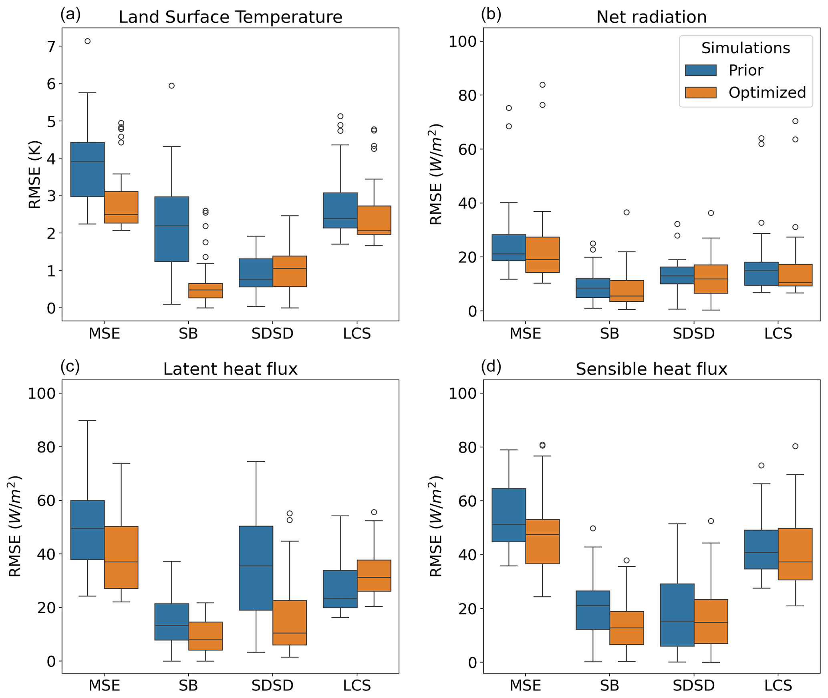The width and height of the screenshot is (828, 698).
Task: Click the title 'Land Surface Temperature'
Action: pos(230,17)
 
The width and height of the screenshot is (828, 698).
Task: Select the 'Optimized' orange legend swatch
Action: pos(701,92)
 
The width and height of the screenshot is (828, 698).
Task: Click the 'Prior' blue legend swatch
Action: pos(701,70)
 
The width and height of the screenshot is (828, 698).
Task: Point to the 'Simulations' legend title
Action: pos(745,48)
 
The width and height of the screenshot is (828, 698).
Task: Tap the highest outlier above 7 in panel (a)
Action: pos(88,41)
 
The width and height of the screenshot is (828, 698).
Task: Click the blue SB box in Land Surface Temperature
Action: pos(172,229)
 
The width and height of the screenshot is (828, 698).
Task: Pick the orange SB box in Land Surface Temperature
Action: pos(205,291)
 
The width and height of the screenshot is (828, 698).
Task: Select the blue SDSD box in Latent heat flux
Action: pos(256,568)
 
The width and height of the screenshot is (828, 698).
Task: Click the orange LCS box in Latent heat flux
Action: pos(374,576)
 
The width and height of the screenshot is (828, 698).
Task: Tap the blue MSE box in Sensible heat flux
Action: pos(509,515)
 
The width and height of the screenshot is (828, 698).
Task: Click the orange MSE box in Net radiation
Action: pos(542,255)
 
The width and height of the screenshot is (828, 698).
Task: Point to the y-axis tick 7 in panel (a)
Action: pos(51,47)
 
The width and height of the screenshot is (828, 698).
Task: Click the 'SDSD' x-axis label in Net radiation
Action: pos(693,333)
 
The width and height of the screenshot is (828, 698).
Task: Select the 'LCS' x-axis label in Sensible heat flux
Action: pos(778,686)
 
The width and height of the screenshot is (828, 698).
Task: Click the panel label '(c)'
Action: pos(70,367)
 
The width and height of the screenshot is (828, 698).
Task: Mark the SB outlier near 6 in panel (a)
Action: pos(172,86)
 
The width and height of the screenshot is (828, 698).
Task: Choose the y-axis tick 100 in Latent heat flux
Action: pos(41,393)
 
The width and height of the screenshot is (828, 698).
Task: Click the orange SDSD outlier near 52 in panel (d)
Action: pos(711,521)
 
